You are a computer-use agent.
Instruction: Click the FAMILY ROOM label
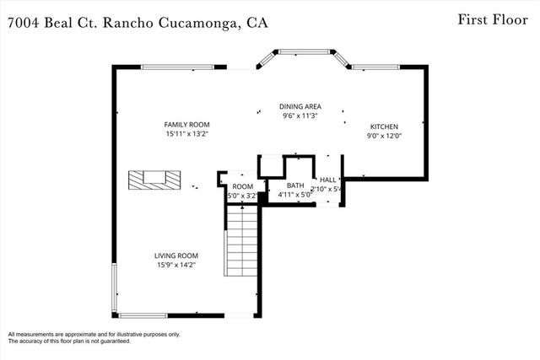tap(186, 125)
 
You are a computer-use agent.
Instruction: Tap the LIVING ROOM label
tap(175, 256)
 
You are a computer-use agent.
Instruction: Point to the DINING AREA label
tap(300, 107)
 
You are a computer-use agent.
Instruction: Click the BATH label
tap(295, 185)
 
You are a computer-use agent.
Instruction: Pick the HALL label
tap(327, 180)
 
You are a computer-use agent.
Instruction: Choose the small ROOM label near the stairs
tap(243, 186)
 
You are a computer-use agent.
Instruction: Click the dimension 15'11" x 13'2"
tap(186, 134)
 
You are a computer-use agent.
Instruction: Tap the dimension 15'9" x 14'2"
tap(175, 266)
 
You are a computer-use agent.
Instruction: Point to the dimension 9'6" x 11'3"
tap(300, 116)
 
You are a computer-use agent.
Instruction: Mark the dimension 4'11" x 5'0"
tap(295, 195)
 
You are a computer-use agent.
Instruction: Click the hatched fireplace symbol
tap(154, 179)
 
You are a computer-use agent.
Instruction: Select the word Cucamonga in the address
tap(199, 24)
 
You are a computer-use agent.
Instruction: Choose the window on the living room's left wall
tap(114, 289)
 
